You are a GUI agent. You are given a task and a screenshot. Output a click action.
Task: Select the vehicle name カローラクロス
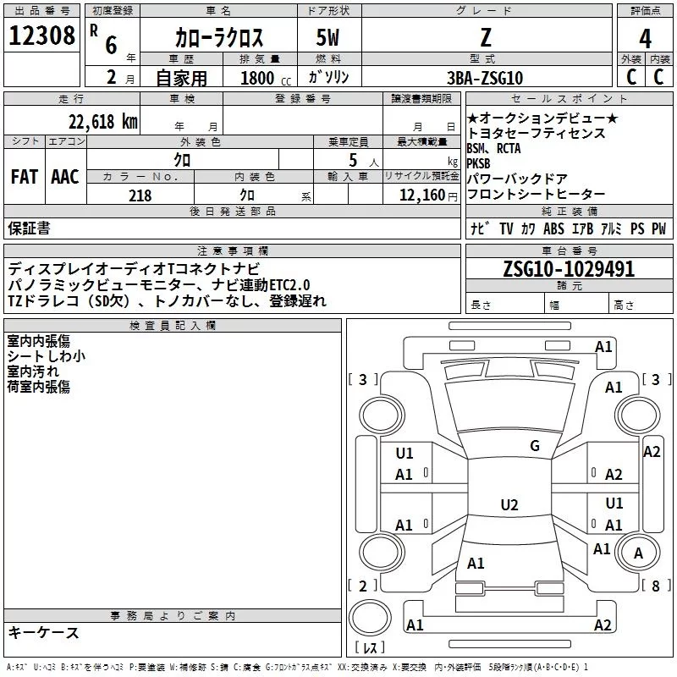219,37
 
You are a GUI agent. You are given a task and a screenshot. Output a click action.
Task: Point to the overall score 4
645,38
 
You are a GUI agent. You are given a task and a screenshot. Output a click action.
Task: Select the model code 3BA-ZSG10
484,77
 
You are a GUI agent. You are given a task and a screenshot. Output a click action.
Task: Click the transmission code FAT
24,177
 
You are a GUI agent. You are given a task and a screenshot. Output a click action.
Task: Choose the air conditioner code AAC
65,177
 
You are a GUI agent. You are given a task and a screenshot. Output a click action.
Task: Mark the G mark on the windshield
535,446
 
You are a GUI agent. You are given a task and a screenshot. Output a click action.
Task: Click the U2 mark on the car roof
509,505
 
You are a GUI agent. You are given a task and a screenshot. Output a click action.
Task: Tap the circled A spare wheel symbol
639,554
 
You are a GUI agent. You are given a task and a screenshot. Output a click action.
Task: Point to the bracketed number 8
655,586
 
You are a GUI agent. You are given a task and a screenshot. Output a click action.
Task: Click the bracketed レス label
369,648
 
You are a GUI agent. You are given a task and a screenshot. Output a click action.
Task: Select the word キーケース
43,633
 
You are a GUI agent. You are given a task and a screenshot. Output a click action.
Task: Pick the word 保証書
29,228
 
